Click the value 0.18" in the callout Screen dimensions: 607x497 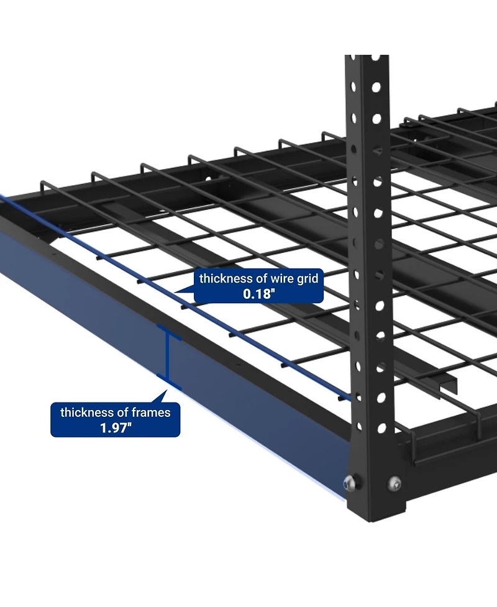coord(258,293)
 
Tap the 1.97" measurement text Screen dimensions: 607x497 coord(116,427)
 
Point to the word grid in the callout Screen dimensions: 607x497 coord(307,279)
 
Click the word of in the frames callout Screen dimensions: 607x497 coord(123,412)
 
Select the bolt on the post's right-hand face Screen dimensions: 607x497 coord(394,481)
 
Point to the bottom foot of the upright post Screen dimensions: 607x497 coord(372,516)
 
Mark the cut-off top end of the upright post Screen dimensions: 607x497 coord(367,58)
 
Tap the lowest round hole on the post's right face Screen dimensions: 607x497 coord(381,428)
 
